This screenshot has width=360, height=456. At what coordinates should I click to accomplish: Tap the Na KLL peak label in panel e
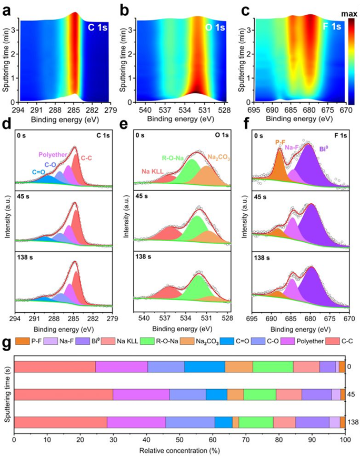(x=152, y=170)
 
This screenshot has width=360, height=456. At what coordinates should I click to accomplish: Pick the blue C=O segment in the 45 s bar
(x=216, y=394)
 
